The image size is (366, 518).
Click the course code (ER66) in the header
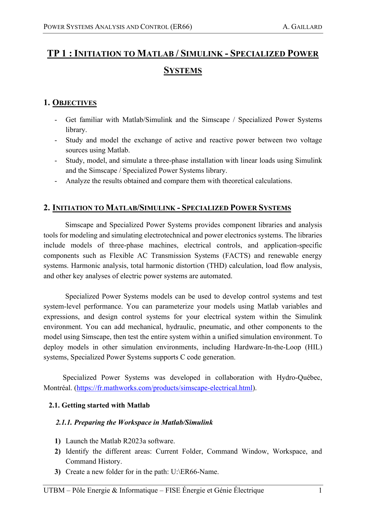tap(181, 27)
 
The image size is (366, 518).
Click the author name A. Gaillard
tap(302, 27)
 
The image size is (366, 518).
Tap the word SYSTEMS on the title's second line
tap(183, 71)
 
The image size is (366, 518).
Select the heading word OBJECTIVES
tap(74, 103)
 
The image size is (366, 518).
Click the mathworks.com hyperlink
tap(165, 388)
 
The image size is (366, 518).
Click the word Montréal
tap(58, 388)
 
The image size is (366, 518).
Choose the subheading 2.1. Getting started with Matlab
tap(99, 405)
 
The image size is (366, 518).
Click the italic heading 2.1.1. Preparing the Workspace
tap(134, 422)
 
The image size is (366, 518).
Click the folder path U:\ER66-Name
tap(195, 472)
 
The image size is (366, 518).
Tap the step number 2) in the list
tap(58, 451)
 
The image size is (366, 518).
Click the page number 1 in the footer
tap(320, 491)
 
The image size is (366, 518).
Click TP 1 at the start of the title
tap(58, 53)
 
